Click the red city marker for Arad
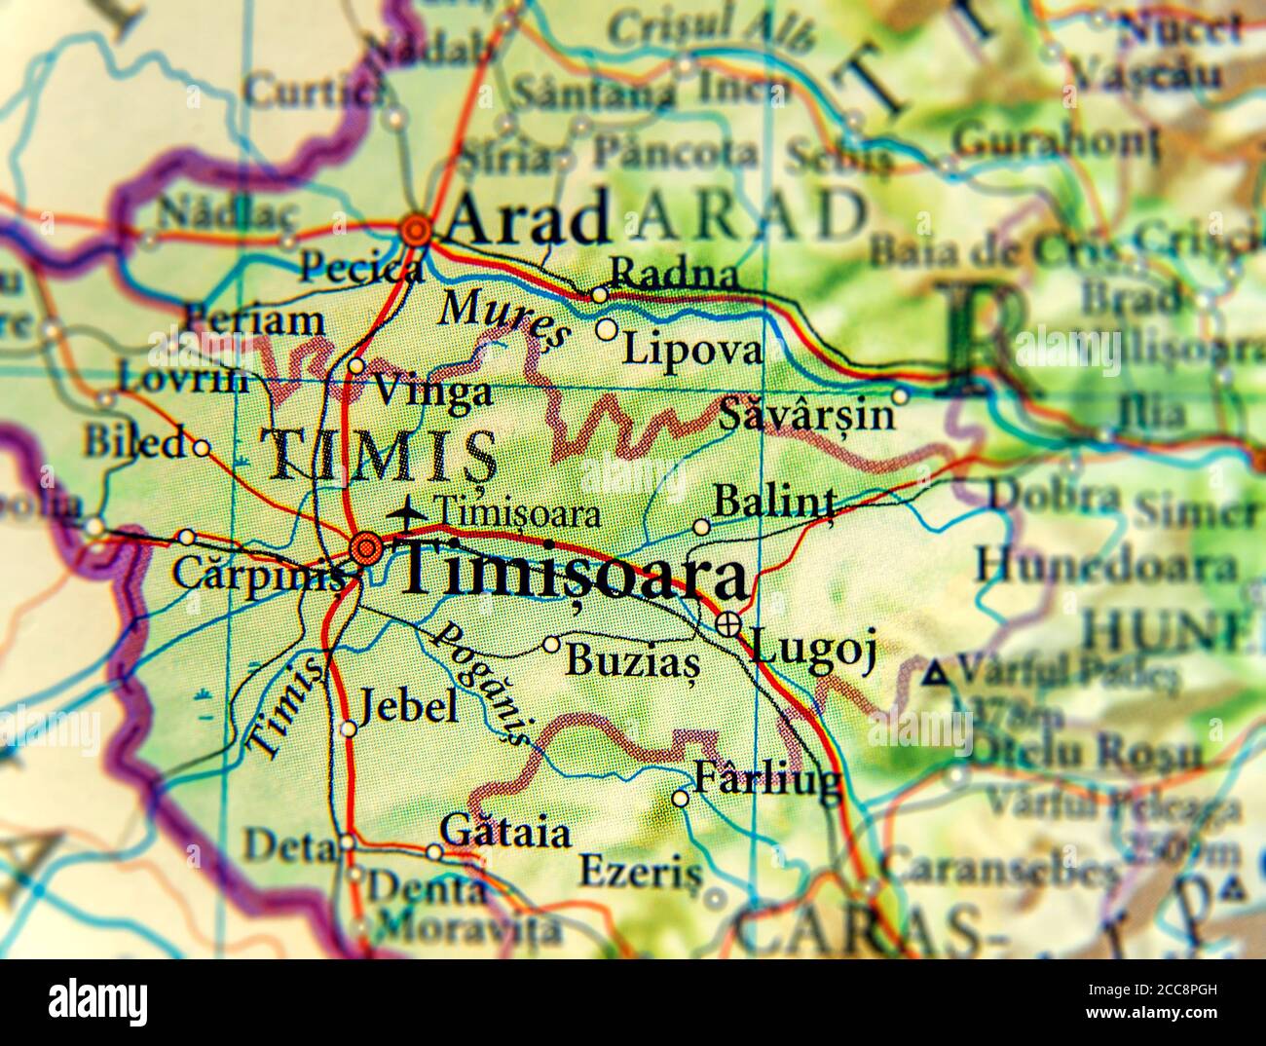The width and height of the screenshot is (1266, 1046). [417, 230]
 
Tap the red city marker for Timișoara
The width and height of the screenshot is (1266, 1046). [366, 549]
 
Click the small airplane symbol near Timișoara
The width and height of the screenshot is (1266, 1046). [406, 508]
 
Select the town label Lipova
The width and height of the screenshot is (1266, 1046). [691, 349]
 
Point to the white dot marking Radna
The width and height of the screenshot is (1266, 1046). [599, 294]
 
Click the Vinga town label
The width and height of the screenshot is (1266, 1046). [433, 392]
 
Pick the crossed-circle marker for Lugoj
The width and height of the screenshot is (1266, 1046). [727, 624]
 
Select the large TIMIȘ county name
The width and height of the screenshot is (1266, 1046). [380, 456]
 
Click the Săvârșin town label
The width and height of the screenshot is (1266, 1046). [806, 415]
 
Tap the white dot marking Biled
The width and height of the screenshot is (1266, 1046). [201, 448]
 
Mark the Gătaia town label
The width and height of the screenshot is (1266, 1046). [505, 833]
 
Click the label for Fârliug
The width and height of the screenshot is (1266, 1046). [766, 779]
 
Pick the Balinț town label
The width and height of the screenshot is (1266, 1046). [775, 503]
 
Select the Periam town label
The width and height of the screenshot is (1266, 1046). [253, 319]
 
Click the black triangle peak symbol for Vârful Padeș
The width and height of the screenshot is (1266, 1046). [936, 670]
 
